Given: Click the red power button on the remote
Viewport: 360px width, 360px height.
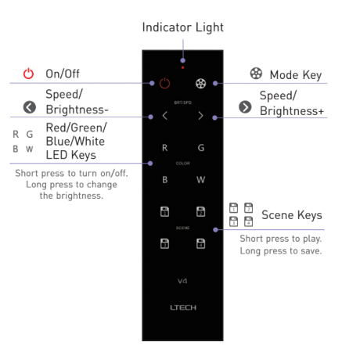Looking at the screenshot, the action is point(164,83).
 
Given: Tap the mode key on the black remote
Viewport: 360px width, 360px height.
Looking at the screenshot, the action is point(200,83).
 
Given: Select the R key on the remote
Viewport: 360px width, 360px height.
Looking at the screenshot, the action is point(164,148).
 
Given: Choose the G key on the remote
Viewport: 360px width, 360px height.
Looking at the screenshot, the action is point(201,148).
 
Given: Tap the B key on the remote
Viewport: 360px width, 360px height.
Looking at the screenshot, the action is point(164,180).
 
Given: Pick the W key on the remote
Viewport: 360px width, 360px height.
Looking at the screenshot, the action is point(201,180).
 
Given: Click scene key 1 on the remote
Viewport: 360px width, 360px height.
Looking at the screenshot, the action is point(164,211).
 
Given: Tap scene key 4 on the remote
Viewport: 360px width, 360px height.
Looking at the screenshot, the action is point(200,243).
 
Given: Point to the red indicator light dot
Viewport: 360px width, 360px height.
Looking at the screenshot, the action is point(183,67).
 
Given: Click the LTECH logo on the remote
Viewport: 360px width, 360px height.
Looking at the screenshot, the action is point(183,308).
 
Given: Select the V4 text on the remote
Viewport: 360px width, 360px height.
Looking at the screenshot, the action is point(182,281).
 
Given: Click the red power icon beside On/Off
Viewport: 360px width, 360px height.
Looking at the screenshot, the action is point(28,74).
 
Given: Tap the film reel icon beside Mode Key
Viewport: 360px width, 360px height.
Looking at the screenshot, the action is point(256,74).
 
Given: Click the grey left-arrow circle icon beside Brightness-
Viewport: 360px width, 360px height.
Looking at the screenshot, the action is point(30,107).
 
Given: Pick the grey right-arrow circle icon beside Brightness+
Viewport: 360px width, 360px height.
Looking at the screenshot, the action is point(245,107).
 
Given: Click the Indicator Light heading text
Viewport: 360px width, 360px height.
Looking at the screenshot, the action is point(183,27).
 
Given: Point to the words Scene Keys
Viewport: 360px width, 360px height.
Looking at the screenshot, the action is point(292,215).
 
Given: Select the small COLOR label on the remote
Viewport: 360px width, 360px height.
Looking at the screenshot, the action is point(183,164).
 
